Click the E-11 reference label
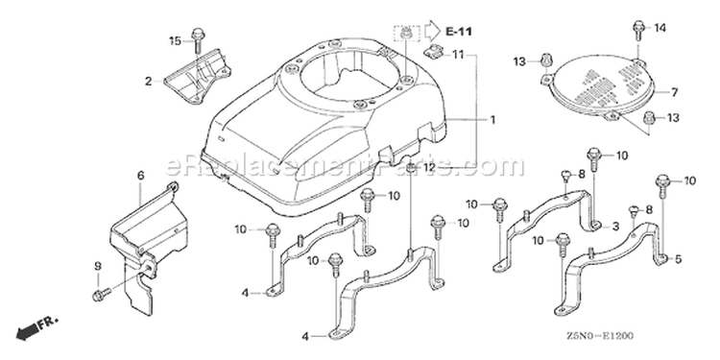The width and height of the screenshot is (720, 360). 459,32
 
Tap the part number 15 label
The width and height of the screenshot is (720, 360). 176,41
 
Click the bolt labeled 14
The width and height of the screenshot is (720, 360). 638,30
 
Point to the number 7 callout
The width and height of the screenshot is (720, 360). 674,93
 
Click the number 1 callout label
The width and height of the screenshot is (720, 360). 492,120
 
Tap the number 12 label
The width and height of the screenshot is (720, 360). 429,168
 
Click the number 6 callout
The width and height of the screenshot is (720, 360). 140,176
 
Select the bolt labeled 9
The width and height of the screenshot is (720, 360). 102,295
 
